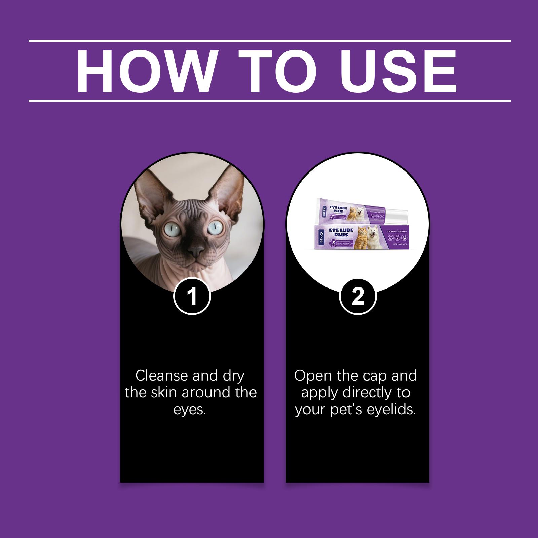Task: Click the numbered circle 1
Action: pos(192,297)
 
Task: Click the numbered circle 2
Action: pos(357,297)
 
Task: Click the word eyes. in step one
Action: pos(189,410)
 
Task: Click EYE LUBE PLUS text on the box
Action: pos(341,232)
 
